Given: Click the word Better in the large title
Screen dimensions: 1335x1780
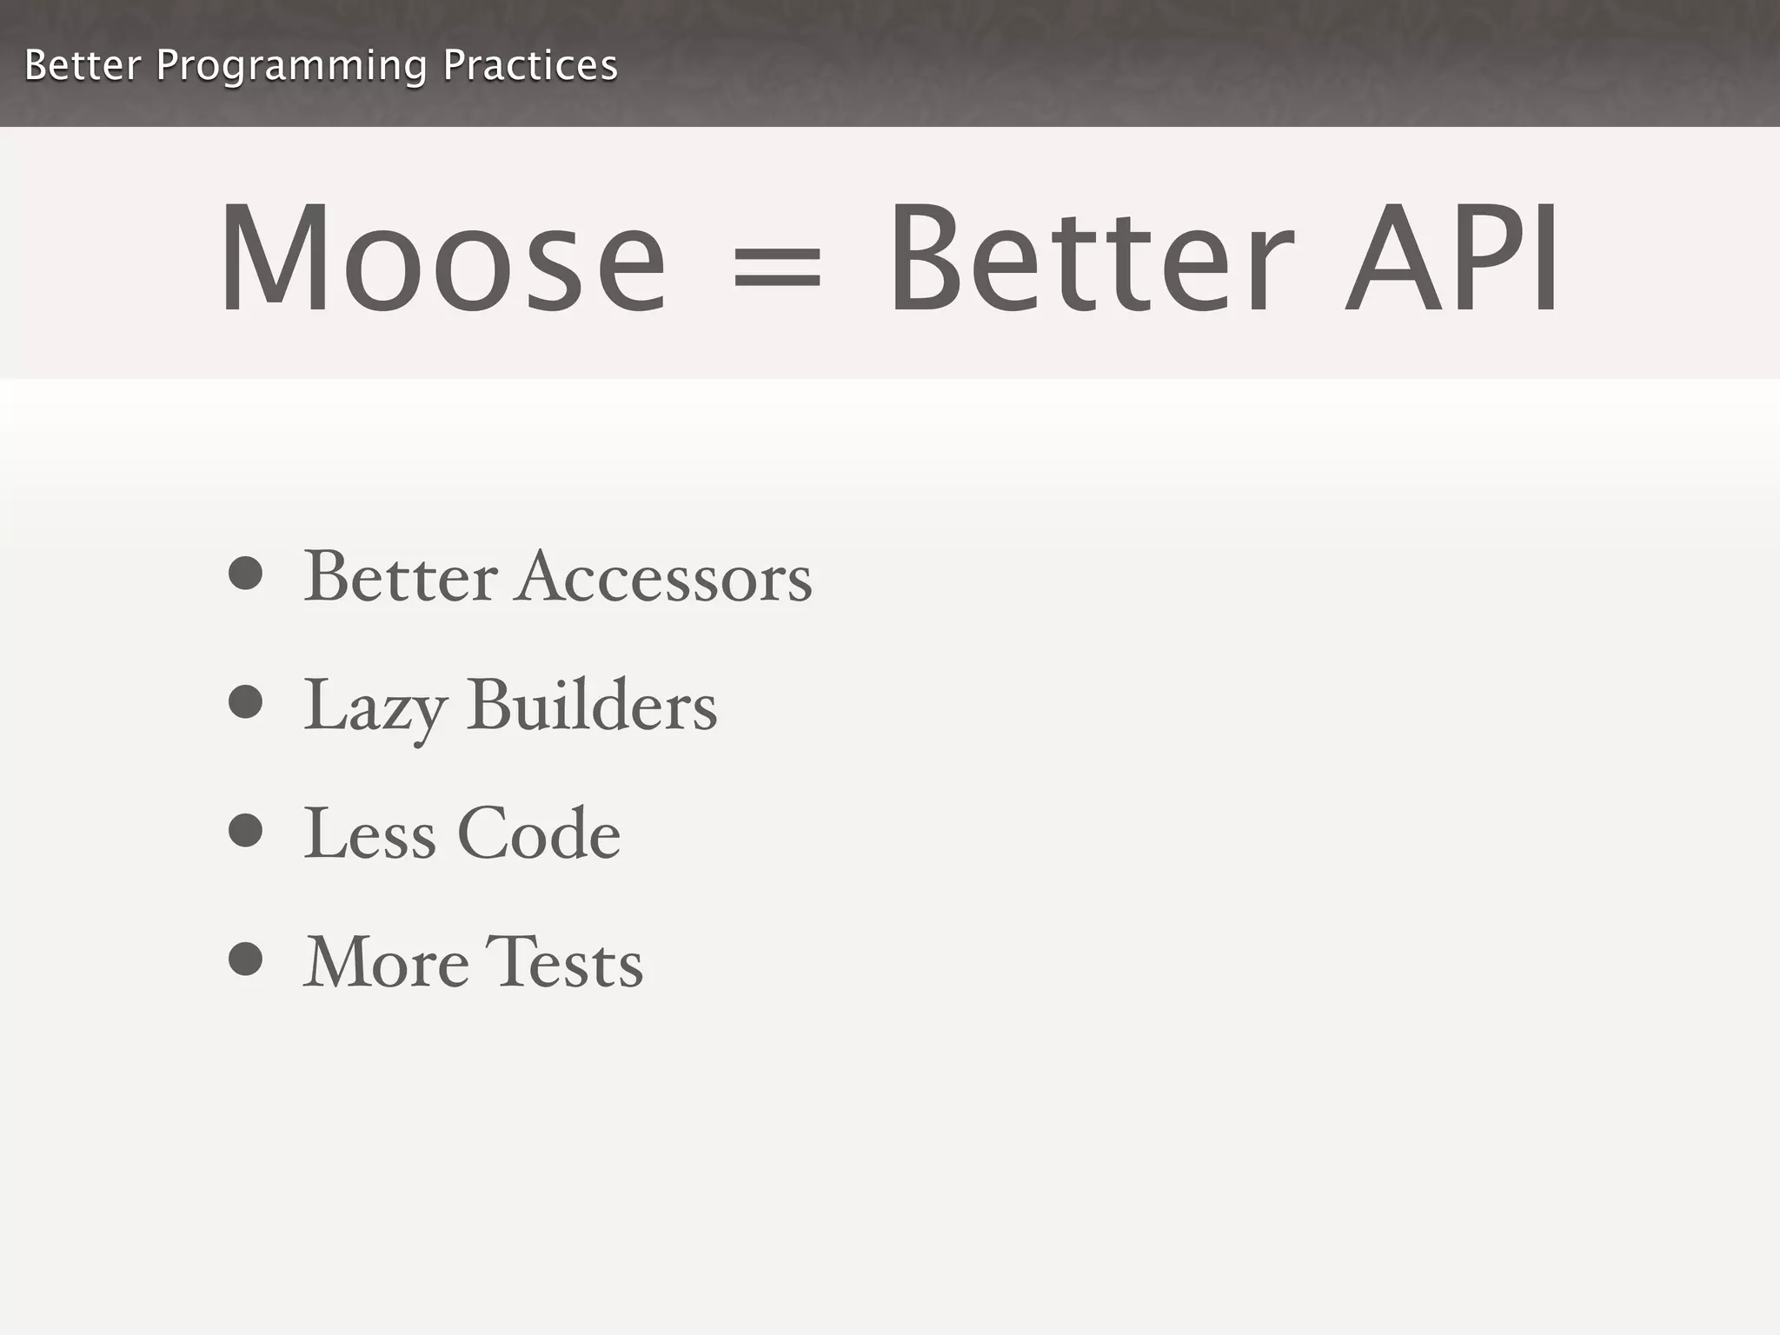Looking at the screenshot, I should coord(1091,258).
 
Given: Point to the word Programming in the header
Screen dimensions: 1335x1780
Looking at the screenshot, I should coord(291,66).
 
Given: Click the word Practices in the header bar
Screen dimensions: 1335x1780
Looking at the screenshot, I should coord(530,65).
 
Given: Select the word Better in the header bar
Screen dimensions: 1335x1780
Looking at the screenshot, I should coord(83,65).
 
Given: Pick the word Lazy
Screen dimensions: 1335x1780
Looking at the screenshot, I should coord(375,706).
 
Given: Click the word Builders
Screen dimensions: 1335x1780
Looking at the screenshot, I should coord(592,705).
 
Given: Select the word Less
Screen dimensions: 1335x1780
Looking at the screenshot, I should coord(369,834).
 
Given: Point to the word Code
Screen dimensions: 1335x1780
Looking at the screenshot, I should coord(539,834).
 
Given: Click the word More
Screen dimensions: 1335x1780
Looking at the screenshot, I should coord(386,962).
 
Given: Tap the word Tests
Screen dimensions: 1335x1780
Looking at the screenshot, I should coord(563,962).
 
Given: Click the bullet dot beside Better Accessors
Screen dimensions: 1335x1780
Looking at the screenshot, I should coord(245,573).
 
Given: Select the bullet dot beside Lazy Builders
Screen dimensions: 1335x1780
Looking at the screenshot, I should coord(245,701).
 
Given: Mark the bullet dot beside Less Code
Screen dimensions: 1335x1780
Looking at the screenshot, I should coord(245,830).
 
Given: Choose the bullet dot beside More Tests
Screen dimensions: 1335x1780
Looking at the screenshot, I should coord(245,959).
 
